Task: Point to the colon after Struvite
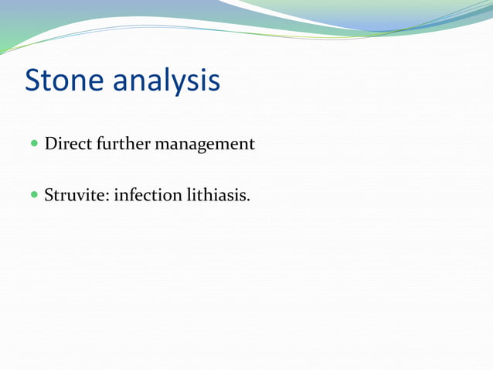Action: click(x=110, y=197)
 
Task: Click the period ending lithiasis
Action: click(x=248, y=199)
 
